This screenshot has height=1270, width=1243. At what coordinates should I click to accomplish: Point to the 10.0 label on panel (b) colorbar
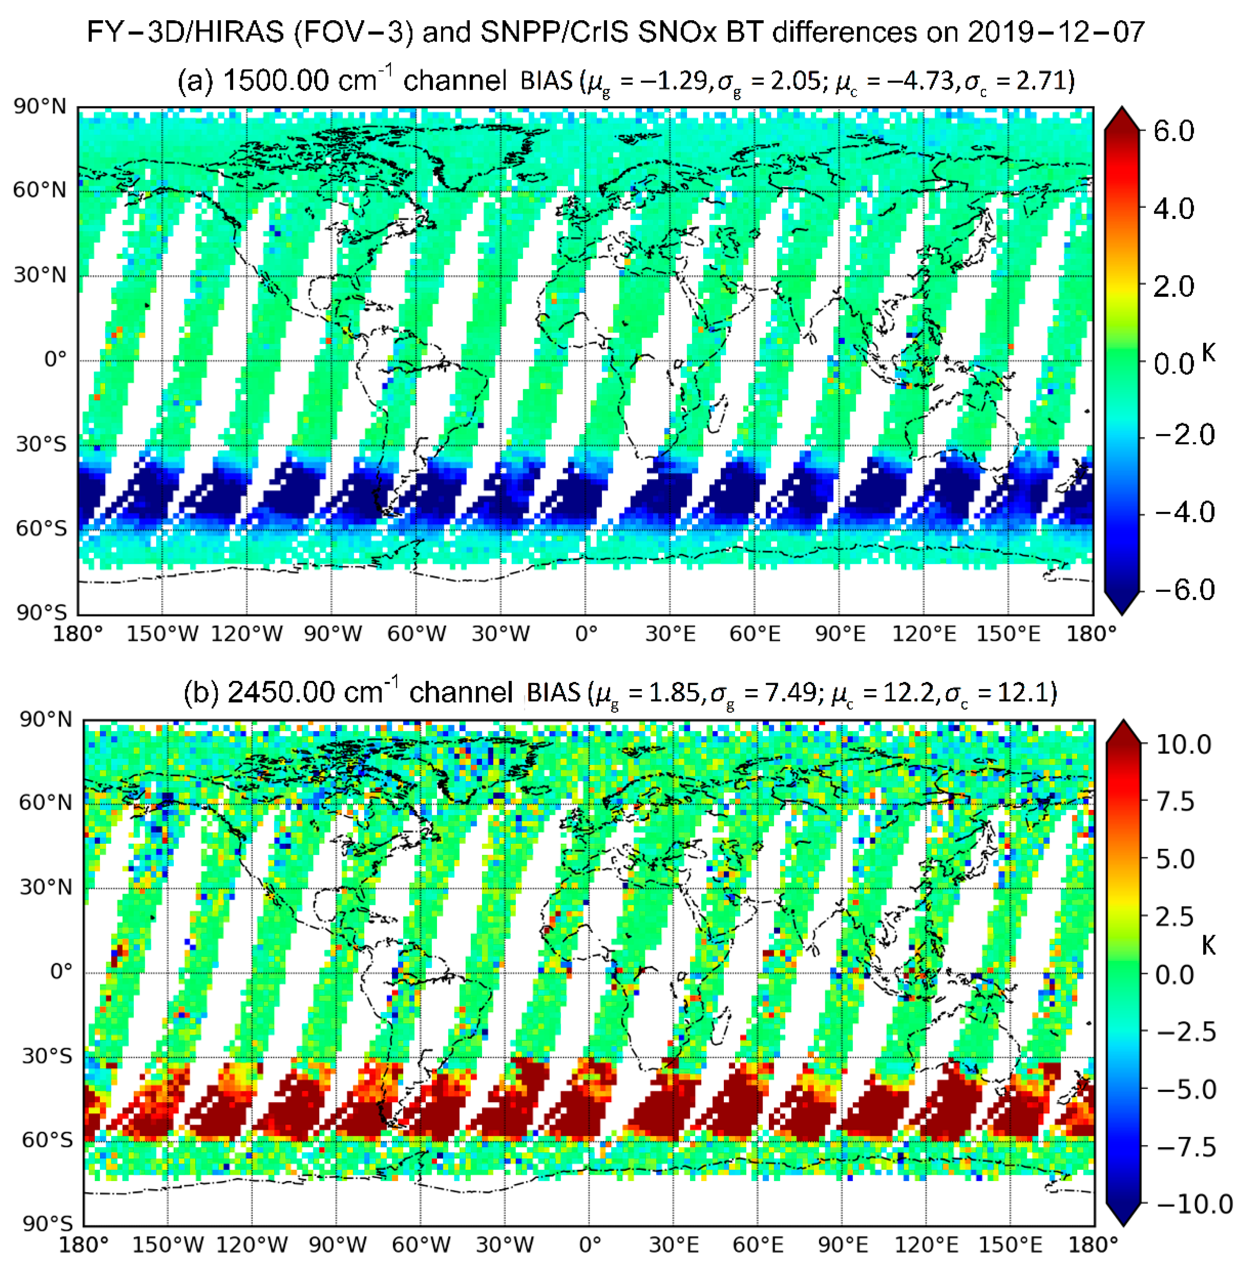pos(1183,744)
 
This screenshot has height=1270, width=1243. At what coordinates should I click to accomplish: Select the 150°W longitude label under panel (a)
pos(162,634)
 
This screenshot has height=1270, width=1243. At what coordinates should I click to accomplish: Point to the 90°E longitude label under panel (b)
pos(843,1244)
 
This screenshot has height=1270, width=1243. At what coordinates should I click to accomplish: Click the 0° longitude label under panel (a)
pos(586,634)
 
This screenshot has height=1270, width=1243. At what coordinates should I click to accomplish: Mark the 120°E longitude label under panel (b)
pos(927,1244)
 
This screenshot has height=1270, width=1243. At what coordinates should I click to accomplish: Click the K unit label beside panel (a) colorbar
pos(1208,353)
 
